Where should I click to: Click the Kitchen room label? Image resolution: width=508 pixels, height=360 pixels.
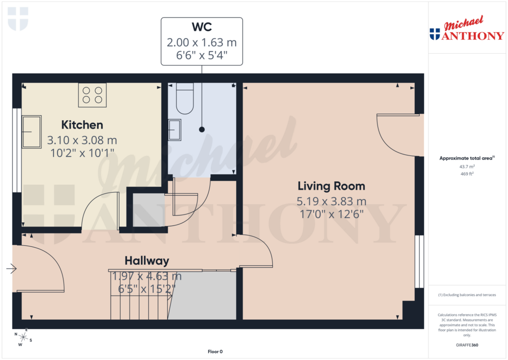82,125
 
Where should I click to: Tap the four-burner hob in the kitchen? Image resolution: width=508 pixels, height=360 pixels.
92,95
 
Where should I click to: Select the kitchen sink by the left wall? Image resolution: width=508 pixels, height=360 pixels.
31,132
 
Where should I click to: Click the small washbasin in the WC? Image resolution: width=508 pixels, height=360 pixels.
175,130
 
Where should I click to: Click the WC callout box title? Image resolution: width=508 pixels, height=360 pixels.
202,27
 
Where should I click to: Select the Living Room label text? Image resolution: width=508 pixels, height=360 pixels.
331,186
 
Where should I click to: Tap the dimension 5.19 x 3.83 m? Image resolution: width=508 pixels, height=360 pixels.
331,201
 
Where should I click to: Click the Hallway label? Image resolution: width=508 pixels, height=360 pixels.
146,261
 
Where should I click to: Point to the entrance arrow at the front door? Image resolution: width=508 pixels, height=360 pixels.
11,269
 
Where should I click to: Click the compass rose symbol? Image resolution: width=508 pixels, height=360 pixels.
23,338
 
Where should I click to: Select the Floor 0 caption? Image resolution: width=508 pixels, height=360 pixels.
215,352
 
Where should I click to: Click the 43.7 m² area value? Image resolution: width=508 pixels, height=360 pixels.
467,167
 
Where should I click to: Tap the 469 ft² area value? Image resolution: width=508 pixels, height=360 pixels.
467,174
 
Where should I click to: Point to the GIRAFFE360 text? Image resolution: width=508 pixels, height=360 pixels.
467,345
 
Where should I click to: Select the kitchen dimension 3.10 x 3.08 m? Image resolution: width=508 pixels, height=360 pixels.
82,141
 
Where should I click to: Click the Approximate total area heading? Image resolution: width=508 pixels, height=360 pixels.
465,158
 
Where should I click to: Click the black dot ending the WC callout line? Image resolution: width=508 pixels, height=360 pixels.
202,130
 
